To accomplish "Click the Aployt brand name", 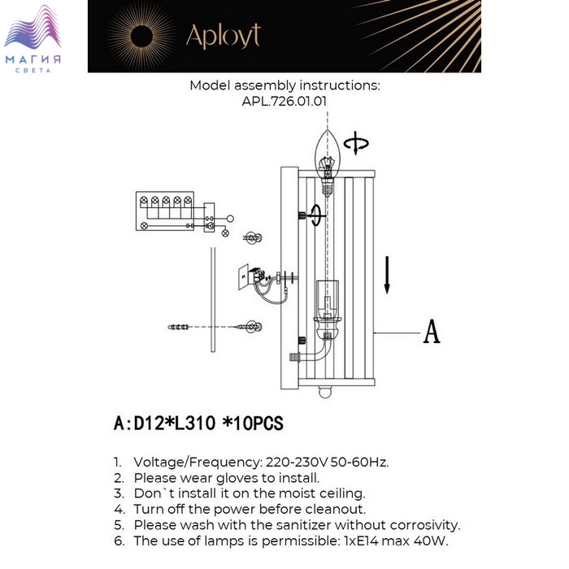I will click(x=223, y=36).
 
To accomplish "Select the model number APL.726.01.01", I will click(x=284, y=102).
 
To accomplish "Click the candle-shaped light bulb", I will click(x=328, y=159).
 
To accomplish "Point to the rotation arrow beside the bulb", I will click(x=356, y=145).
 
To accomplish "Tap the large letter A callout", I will click(x=431, y=332).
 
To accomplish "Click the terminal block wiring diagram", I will click(x=167, y=211).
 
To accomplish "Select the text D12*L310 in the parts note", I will click(x=174, y=423).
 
